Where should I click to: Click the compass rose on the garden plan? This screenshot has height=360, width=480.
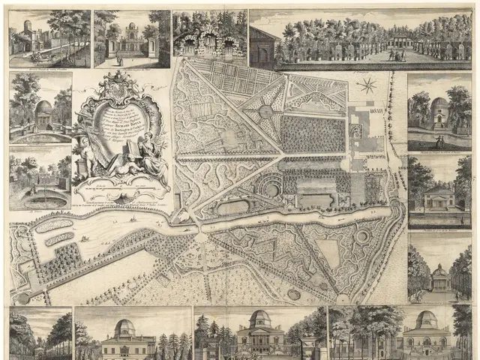tap(367, 85)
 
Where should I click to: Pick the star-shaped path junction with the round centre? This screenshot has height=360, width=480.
tap(266, 112)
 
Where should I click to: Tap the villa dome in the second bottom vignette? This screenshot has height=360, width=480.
tap(126, 328)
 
